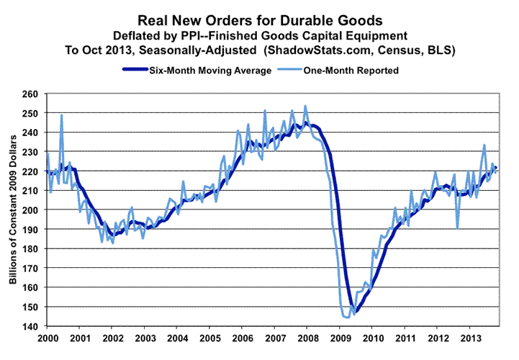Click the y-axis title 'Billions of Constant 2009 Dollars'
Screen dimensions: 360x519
click(14, 210)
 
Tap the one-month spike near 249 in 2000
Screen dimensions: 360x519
click(62, 115)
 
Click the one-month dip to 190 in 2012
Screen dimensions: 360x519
click(458, 229)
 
